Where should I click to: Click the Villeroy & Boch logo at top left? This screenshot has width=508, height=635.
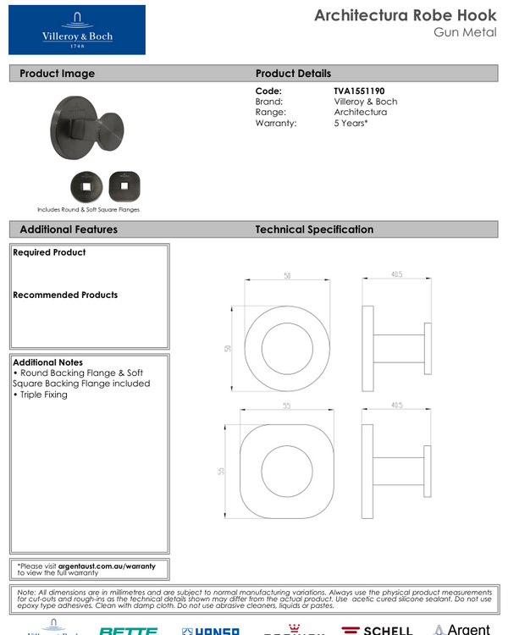pyautogui.click(x=77, y=30)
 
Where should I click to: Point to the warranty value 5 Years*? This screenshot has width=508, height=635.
pyautogui.click(x=351, y=124)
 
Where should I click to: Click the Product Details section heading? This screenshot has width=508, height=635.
pyautogui.click(x=293, y=74)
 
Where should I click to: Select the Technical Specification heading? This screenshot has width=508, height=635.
pyautogui.click(x=314, y=229)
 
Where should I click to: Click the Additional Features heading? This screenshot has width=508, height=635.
pyautogui.click(x=69, y=229)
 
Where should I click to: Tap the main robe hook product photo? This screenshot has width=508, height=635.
pyautogui.click(x=89, y=129)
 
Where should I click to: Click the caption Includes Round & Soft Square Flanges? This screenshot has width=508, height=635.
pyautogui.click(x=88, y=209)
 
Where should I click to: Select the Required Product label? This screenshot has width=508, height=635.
pyautogui.click(x=49, y=252)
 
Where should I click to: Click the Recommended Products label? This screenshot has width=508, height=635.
pyautogui.click(x=65, y=295)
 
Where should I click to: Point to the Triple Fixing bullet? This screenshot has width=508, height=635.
pyautogui.click(x=43, y=395)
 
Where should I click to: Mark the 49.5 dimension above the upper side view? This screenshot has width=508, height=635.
pyautogui.click(x=396, y=274)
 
